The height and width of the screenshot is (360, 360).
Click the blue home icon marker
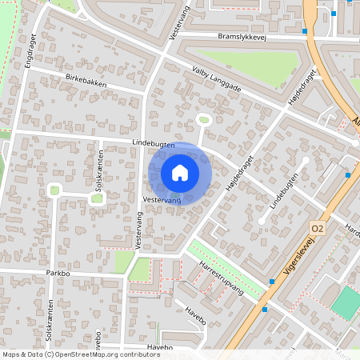pyautogui.click(x=180, y=173)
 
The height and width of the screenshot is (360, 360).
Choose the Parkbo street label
pyautogui.click(x=59, y=272)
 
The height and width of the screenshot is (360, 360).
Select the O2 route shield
pyautogui.click(x=318, y=228)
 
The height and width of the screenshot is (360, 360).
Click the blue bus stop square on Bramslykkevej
pyautogui.click(x=305, y=32)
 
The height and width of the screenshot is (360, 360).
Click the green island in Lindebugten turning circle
pyautogui.click(x=203, y=120)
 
